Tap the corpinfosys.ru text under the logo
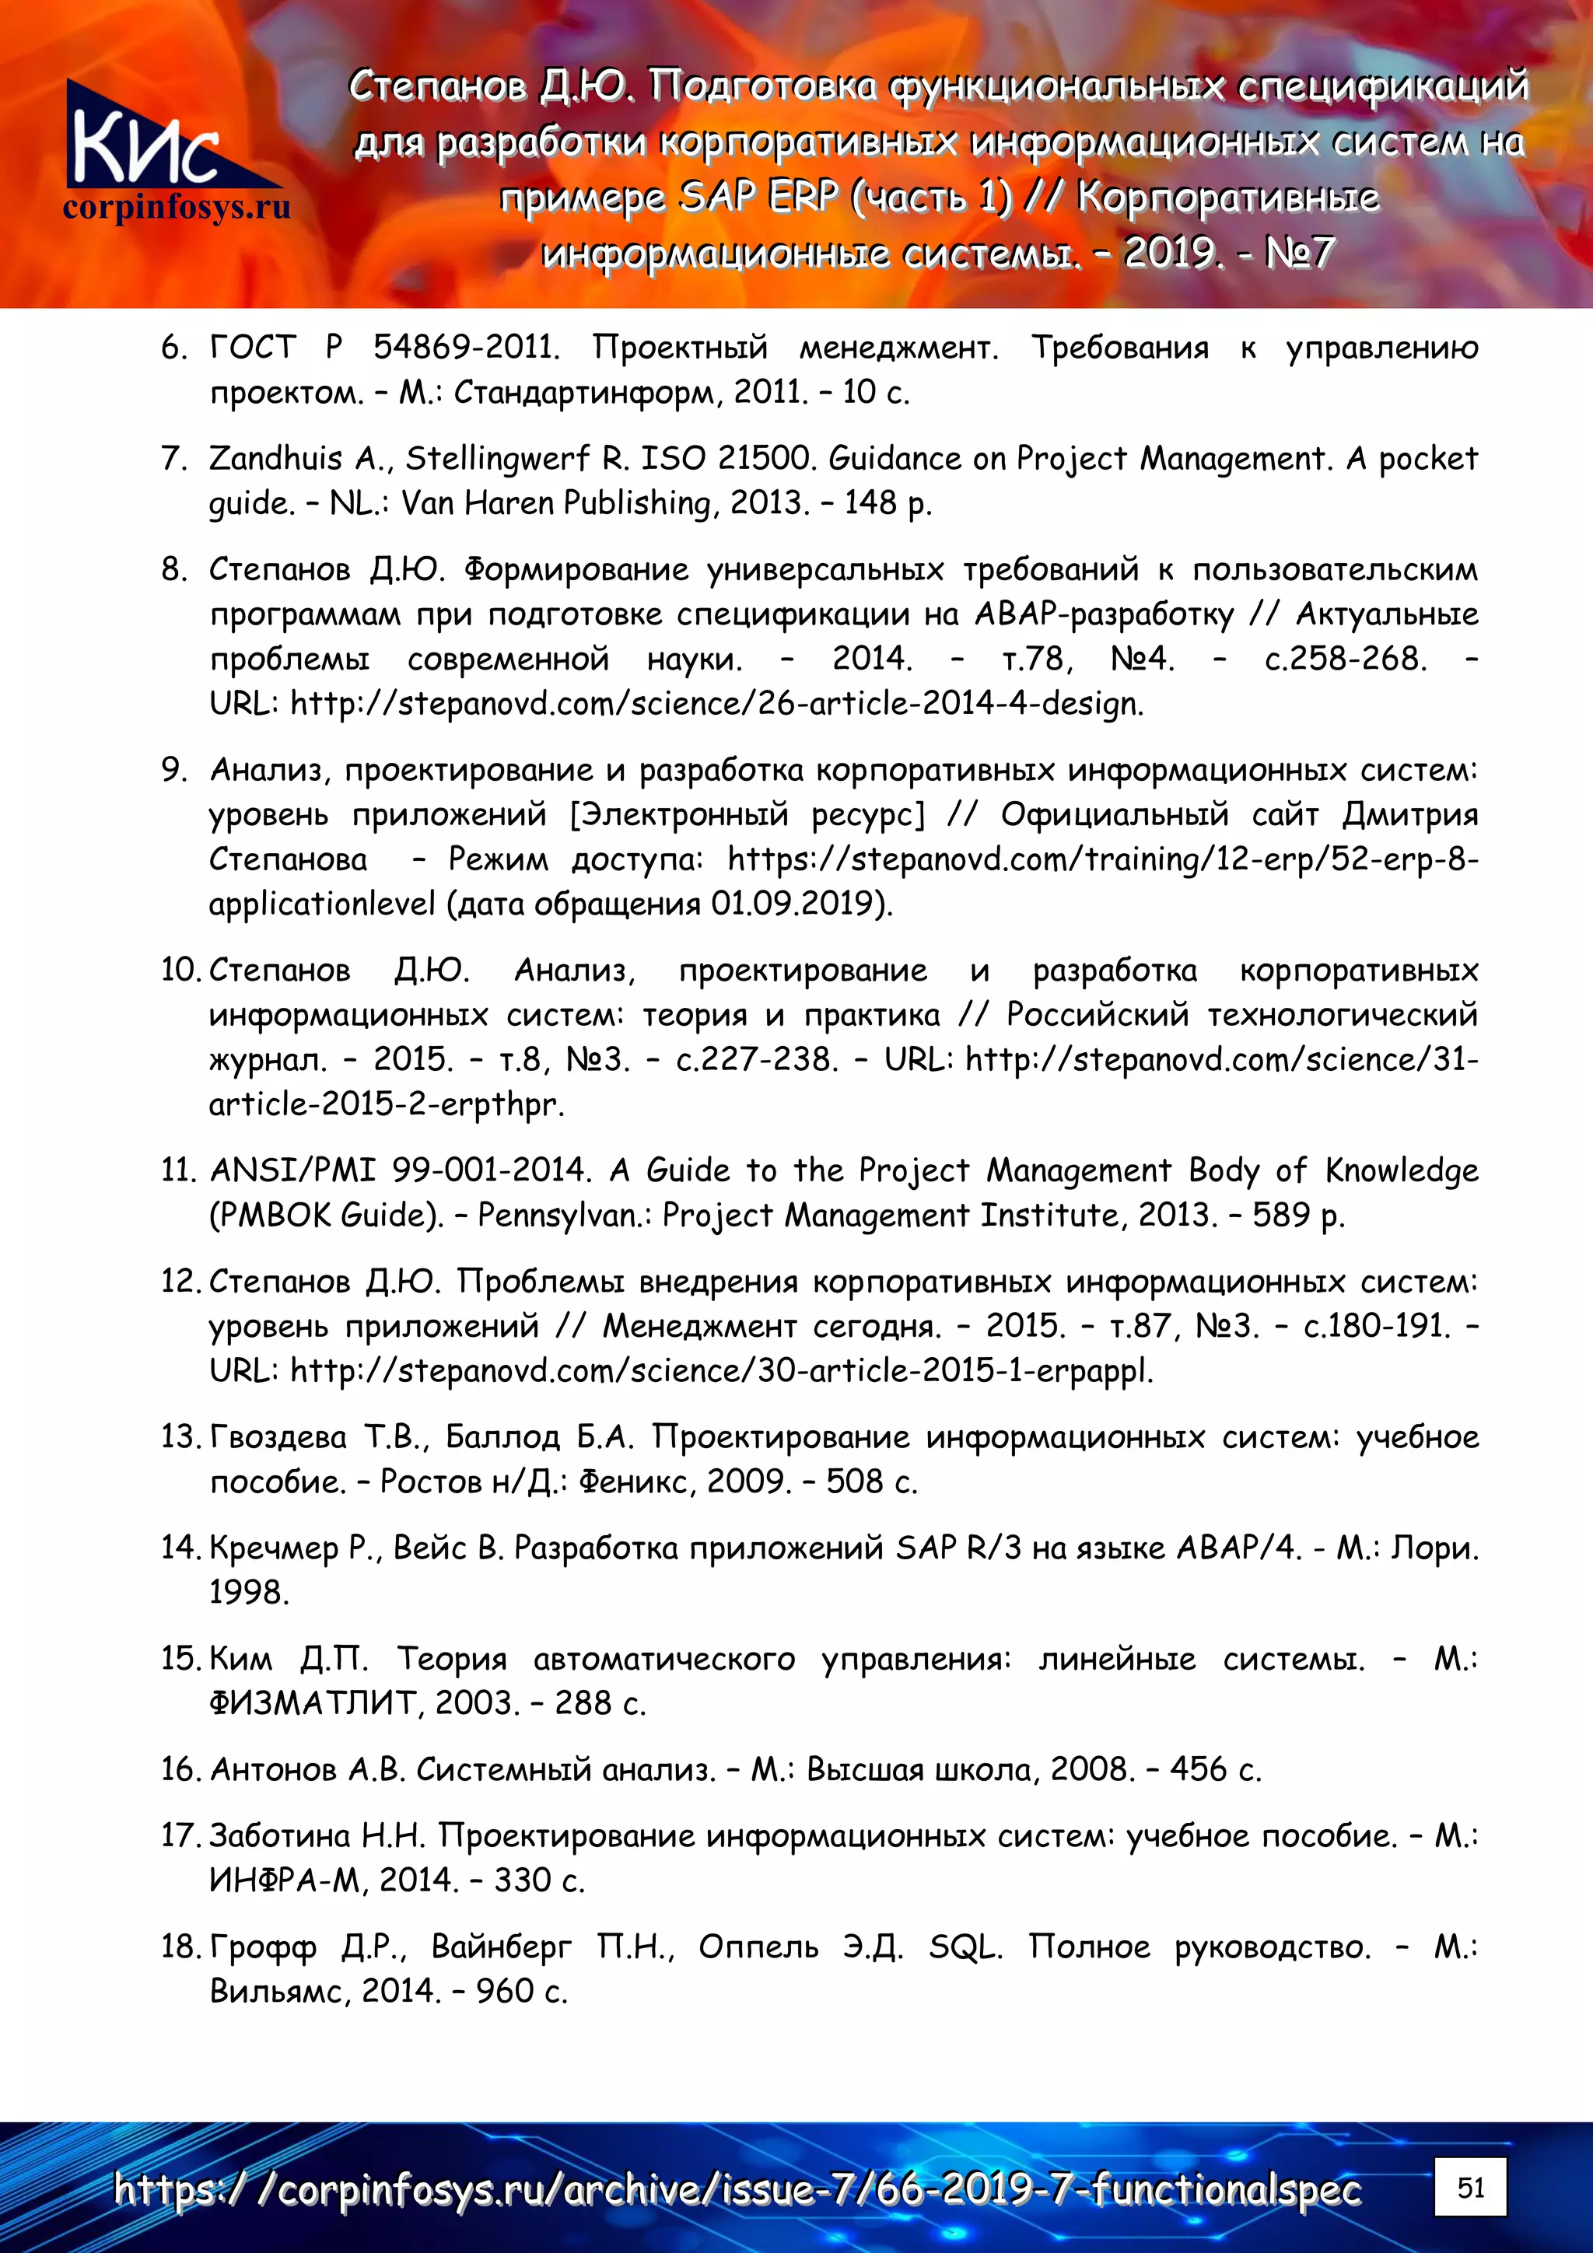tap(177, 208)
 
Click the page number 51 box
tap(1469, 2186)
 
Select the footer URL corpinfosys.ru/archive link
tap(736, 2189)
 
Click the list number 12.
tap(181, 1282)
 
